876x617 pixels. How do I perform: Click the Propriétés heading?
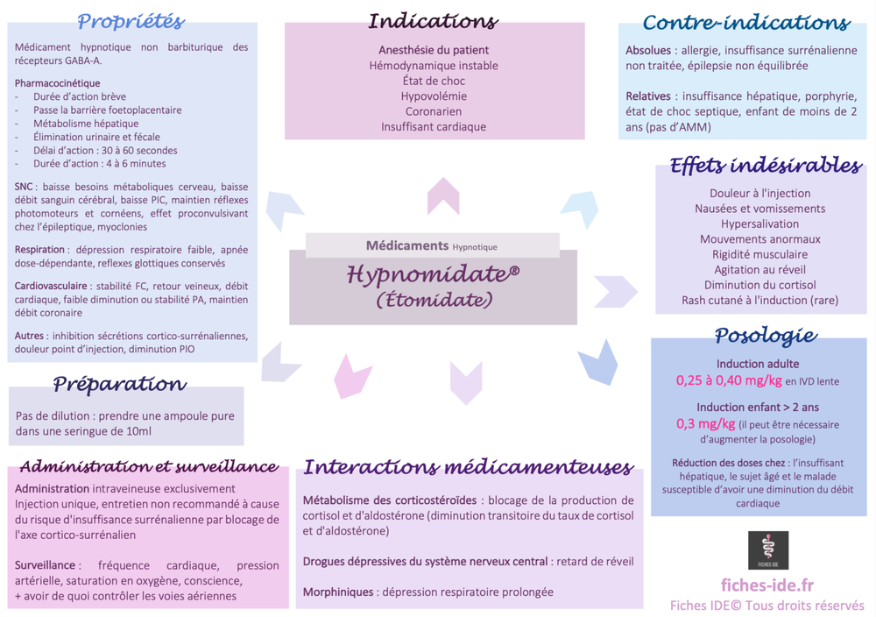click(131, 22)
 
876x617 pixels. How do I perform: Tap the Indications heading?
click(433, 21)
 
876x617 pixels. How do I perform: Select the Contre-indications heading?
click(745, 23)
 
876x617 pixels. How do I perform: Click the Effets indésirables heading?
click(765, 166)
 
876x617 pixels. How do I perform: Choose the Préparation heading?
click(119, 384)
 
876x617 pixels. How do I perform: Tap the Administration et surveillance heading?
click(148, 466)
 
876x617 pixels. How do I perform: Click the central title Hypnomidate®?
click(433, 274)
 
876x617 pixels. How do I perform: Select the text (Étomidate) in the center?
click(434, 300)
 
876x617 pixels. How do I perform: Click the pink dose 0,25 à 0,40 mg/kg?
click(728, 380)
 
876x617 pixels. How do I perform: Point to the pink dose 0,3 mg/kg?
click(705, 424)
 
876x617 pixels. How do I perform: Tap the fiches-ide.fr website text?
click(766, 585)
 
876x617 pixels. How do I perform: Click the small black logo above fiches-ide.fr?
click(767, 550)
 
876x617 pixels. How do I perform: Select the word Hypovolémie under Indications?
click(434, 96)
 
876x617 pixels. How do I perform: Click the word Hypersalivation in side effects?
click(759, 223)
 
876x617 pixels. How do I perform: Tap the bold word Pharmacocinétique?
click(57, 83)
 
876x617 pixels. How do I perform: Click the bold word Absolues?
click(648, 51)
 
